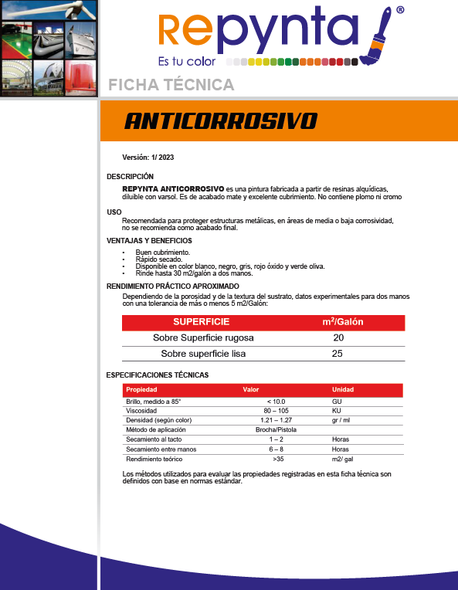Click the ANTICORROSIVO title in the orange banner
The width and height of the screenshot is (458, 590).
221,121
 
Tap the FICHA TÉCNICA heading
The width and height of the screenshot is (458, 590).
171,84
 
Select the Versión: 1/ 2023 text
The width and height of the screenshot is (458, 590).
148,158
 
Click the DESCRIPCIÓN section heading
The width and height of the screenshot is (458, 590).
130,177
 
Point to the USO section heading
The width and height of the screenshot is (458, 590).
114,212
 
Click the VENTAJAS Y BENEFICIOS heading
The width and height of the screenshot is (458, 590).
149,240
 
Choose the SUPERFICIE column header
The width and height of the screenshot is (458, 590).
201,321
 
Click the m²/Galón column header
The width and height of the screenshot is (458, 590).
342,321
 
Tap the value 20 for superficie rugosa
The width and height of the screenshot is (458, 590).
338,338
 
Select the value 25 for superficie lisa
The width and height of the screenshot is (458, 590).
338,354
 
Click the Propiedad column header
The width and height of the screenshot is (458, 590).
141,390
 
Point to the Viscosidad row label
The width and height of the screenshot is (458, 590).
141,411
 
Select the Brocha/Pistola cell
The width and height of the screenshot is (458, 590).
276,429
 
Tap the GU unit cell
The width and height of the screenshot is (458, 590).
336,402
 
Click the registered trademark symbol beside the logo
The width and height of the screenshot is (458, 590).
399,11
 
